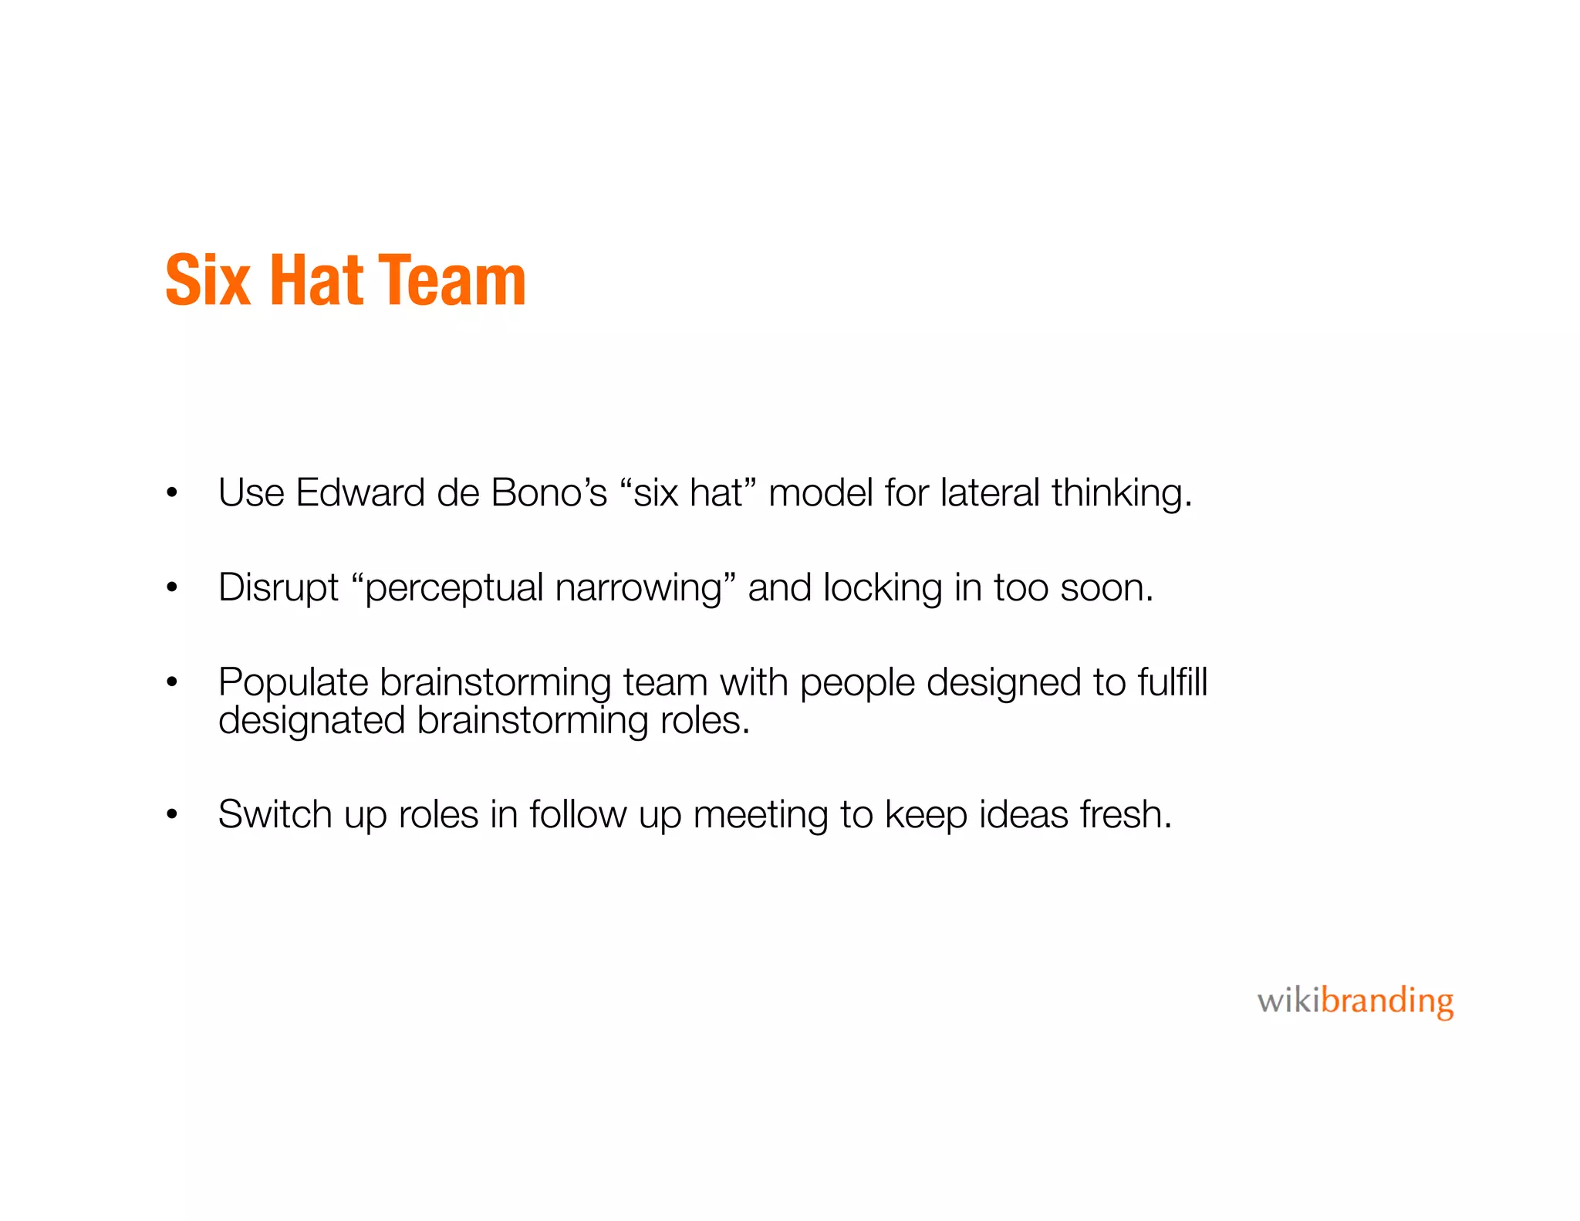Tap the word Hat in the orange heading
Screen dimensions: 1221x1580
tap(316, 281)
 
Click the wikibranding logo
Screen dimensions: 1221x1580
tap(1355, 1002)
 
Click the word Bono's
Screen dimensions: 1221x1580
tap(549, 493)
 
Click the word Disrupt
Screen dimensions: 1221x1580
tap(278, 589)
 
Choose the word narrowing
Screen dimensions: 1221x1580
tap(639, 589)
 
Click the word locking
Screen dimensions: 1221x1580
tap(883, 589)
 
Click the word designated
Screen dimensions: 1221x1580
tap(311, 722)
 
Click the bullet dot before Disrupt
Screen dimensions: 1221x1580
tap(172, 589)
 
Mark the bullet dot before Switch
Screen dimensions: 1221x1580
tap(172, 815)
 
